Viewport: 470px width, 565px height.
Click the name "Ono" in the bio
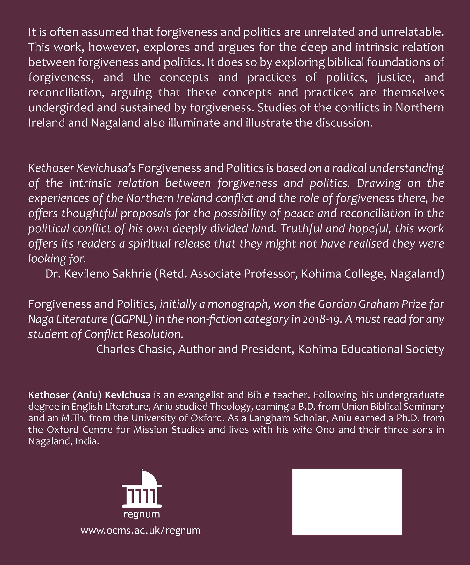(x=325, y=429)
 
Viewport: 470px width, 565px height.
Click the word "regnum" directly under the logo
(x=142, y=514)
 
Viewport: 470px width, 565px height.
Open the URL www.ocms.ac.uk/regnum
(x=141, y=530)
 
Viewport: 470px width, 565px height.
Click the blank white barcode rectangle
(x=347, y=502)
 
